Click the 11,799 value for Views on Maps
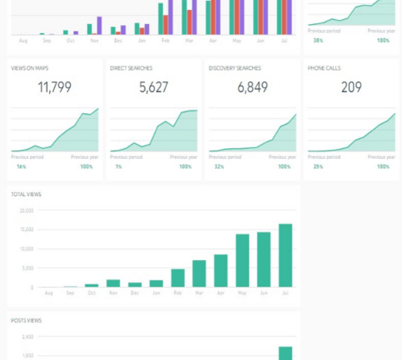[54, 86]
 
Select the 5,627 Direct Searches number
[153, 86]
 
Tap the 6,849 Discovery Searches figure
[252, 86]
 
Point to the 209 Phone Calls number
[351, 86]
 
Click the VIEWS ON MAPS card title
[28, 68]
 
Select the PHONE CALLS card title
[324, 68]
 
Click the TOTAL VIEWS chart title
[26, 195]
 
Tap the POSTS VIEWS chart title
[26, 321]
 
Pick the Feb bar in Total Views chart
[177, 278]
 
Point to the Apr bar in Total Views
[221, 270]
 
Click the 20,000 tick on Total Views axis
[27, 210]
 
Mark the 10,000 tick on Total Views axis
[27, 249]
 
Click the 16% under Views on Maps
[21, 166]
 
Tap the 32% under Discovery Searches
[219, 166]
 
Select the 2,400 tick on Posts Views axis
[27, 337]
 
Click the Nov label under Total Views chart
[112, 293]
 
